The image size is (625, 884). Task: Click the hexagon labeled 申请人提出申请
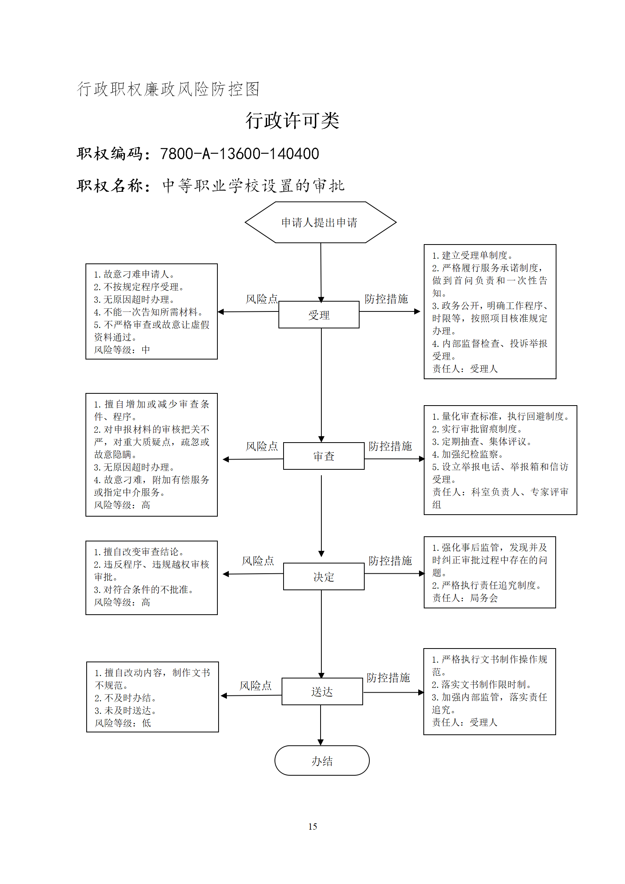click(x=321, y=222)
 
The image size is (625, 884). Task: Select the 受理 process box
click(x=319, y=315)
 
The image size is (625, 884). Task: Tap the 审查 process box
click(x=324, y=456)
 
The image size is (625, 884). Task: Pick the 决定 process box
click(x=324, y=576)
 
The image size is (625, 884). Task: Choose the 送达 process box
click(x=322, y=691)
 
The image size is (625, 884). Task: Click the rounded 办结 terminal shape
click(x=322, y=761)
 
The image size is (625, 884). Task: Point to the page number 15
click(x=313, y=827)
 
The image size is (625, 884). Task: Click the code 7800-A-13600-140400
click(x=239, y=154)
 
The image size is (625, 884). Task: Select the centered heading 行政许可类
click(x=292, y=120)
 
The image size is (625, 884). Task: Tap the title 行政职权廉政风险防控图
click(x=168, y=89)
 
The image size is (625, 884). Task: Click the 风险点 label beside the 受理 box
click(x=262, y=299)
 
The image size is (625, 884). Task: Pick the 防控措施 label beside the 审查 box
click(x=390, y=446)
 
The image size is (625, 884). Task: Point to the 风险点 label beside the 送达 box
click(x=256, y=686)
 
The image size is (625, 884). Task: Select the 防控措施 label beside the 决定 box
click(x=390, y=560)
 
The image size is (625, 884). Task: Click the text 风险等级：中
click(x=122, y=350)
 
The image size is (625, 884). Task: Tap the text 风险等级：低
click(x=123, y=723)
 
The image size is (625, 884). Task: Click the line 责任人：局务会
click(x=465, y=598)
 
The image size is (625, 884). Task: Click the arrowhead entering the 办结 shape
click(x=321, y=742)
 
